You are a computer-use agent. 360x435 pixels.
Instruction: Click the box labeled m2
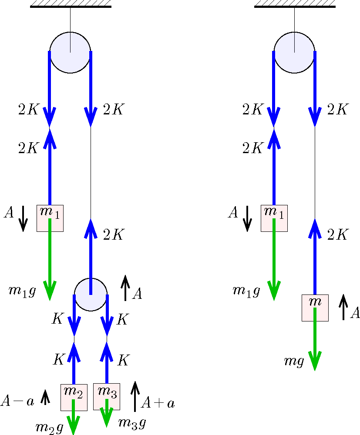[74, 397]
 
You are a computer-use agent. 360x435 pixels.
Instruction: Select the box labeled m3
[107, 397]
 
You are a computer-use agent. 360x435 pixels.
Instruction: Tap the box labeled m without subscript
[315, 308]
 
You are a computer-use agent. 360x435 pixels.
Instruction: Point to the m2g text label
[49, 427]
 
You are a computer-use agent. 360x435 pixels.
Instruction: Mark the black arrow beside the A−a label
[45, 398]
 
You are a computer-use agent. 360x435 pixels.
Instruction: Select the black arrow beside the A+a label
[135, 396]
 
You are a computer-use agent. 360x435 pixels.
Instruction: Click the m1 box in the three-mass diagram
[50, 218]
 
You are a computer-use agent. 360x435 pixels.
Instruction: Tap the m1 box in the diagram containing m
[274, 218]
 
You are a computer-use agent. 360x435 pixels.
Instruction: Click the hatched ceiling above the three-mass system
[71, 4]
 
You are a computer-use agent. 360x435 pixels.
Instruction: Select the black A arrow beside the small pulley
[125, 288]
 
